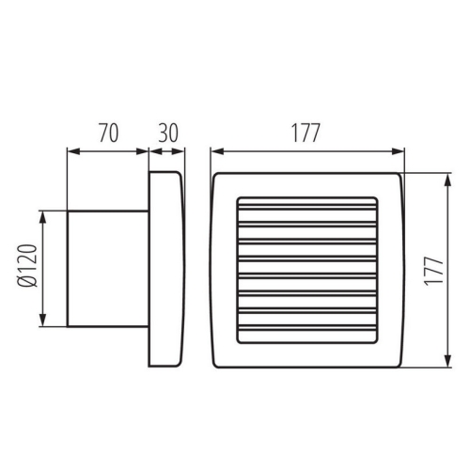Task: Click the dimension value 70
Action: (108, 133)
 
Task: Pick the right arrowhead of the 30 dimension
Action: (180, 149)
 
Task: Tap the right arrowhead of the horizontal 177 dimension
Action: (401, 149)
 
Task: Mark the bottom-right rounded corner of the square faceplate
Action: (399, 362)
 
